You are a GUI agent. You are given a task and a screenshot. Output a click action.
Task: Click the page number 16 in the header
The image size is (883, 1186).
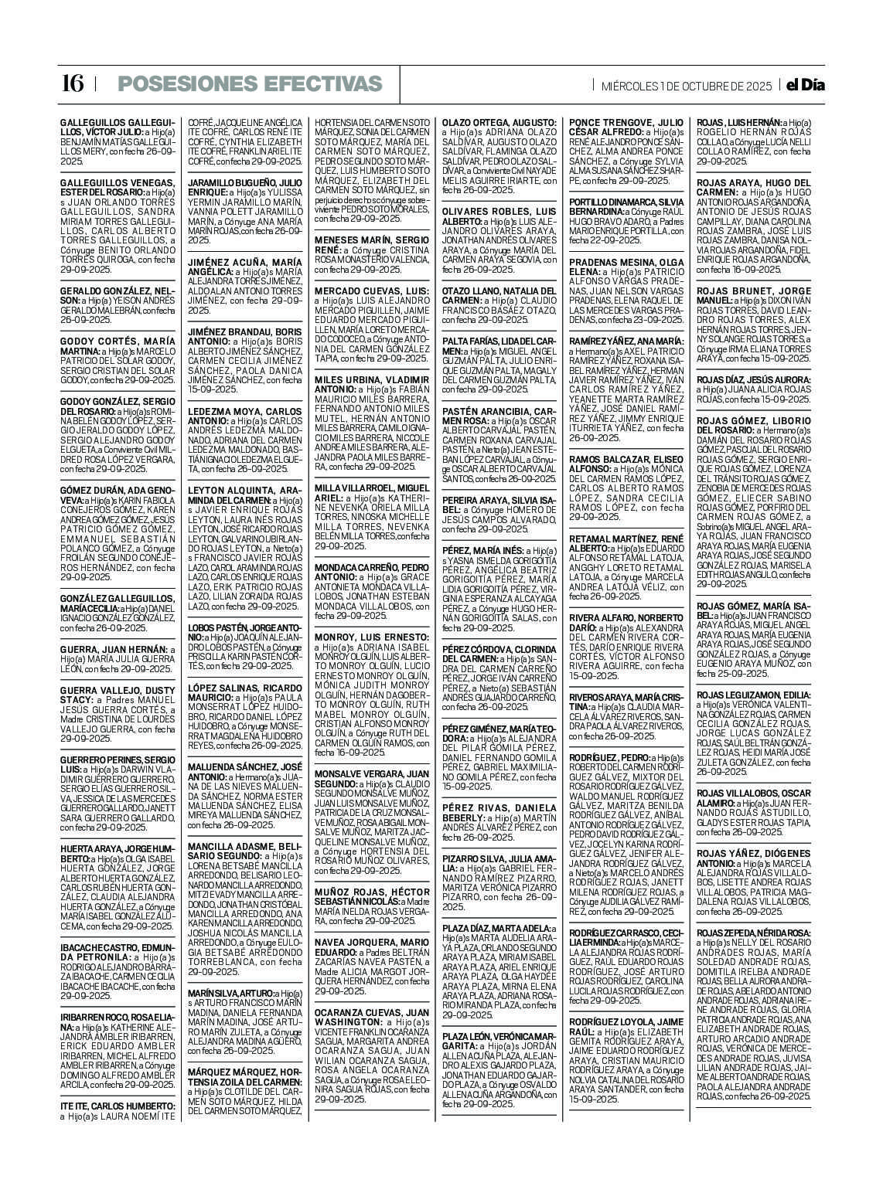72,84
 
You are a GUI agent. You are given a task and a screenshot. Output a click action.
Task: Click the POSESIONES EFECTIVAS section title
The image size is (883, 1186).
250,84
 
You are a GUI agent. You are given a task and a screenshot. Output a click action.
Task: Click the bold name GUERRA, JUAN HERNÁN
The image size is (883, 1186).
112,650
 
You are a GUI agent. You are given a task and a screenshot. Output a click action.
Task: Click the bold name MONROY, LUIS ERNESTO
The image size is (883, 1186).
360,637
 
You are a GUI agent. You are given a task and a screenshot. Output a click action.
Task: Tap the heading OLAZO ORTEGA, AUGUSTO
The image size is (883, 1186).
499,123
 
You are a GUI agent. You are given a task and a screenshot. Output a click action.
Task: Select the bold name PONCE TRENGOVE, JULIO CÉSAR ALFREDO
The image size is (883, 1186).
626,127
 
